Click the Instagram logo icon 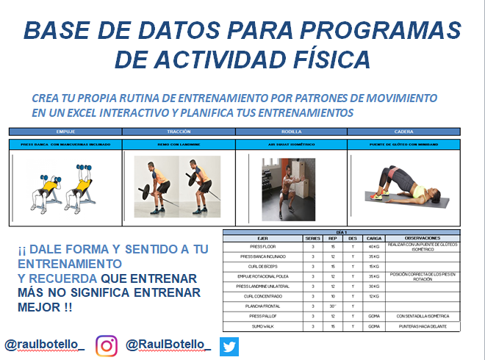click(107, 344)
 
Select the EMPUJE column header click(65, 132)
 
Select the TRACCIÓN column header click(179, 132)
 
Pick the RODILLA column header click(291, 132)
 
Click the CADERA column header click(403, 132)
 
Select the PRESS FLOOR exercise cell click(263, 247)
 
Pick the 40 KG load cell click(374, 247)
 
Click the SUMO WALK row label click(263, 325)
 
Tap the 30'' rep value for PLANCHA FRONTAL click(333, 306)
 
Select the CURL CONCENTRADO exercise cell click(263, 296)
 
